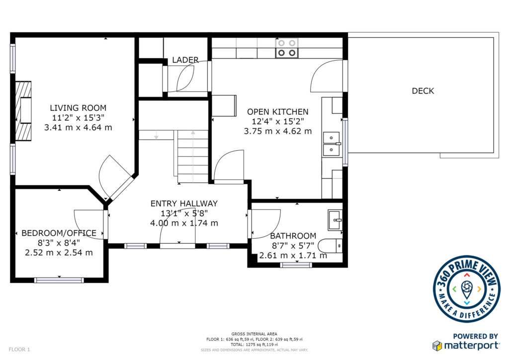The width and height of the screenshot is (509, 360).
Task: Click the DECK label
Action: click(x=423, y=91)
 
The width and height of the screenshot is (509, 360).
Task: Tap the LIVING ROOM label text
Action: click(x=78, y=108)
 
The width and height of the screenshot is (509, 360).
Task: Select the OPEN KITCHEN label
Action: click(x=278, y=112)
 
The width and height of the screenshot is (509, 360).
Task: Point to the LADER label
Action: click(x=185, y=60)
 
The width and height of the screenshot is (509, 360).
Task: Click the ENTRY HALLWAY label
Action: click(x=184, y=203)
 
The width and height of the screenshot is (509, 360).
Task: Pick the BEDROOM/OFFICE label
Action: click(x=59, y=233)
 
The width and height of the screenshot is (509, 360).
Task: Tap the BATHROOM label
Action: click(x=293, y=236)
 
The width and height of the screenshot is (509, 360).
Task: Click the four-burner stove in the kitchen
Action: click(x=287, y=48)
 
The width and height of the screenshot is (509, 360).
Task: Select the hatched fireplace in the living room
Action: click(x=23, y=111)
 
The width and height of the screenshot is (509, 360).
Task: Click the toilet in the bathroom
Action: click(x=330, y=246)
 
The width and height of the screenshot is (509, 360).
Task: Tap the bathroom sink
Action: click(x=335, y=220)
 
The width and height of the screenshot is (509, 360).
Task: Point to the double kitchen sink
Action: click(x=332, y=144)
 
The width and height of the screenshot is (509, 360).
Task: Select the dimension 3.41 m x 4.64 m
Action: click(x=78, y=128)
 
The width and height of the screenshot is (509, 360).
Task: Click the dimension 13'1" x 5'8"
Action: click(x=184, y=213)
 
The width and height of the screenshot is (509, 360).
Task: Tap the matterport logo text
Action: click(x=471, y=345)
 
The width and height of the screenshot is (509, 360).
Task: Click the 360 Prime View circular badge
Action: click(x=466, y=289)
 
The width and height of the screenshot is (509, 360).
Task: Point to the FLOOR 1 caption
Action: click(x=19, y=350)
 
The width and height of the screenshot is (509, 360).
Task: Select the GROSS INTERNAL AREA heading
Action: click(x=254, y=334)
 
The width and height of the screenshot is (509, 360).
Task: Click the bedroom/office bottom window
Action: click(x=59, y=280)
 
